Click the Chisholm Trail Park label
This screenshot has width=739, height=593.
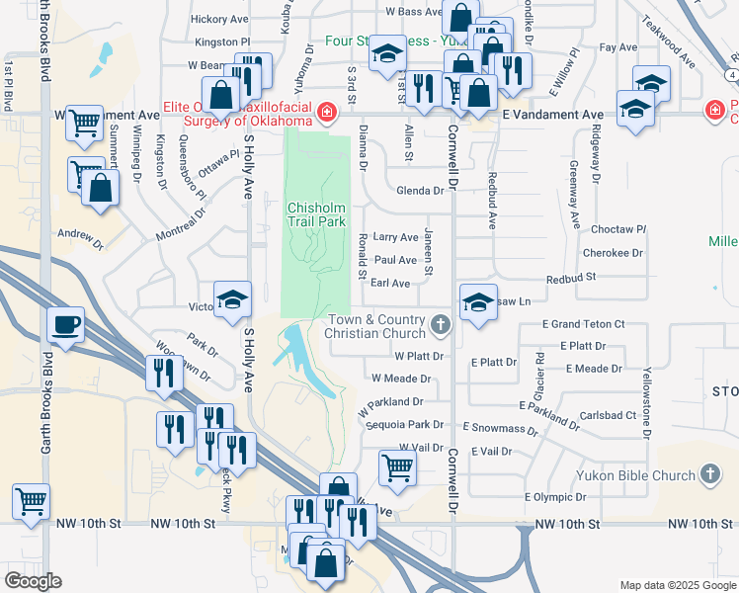(316, 215)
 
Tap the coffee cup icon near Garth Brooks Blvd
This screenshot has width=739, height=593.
(65, 326)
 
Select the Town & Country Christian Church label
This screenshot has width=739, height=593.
(375, 326)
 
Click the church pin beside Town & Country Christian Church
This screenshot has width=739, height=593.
(441, 323)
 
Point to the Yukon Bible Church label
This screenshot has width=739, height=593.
(638, 475)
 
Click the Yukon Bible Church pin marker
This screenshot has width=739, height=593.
(708, 475)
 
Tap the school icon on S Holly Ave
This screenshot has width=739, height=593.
(232, 300)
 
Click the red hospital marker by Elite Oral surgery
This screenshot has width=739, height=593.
(326, 115)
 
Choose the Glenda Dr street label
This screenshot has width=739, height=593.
(421, 191)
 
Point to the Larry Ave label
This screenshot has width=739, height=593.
(395, 237)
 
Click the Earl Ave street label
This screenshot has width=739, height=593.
(389, 284)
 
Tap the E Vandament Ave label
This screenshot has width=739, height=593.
(552, 115)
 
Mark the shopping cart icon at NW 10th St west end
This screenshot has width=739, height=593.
(31, 501)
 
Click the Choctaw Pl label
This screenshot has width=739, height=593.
(617, 229)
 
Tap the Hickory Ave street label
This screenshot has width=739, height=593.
(219, 19)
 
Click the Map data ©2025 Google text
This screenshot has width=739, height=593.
(676, 585)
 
